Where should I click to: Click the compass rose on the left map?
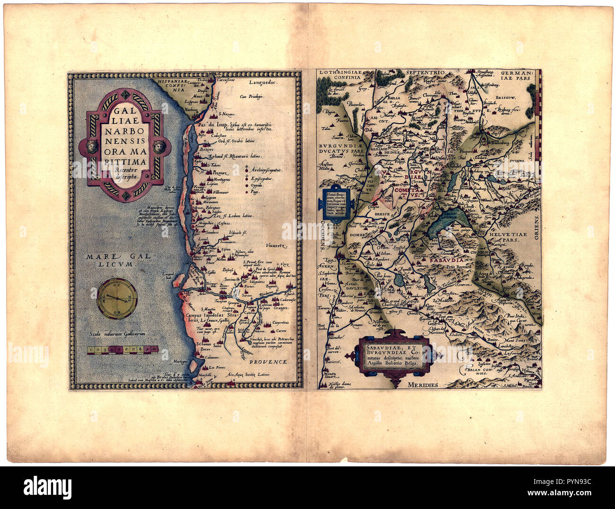click(118, 298)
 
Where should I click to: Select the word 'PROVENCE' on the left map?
click(269, 361)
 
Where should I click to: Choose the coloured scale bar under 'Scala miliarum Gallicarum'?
click(122, 350)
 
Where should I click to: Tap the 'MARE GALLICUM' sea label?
click(110, 260)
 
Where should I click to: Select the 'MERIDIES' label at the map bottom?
click(424, 385)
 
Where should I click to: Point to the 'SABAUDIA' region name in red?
click(443, 260)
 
